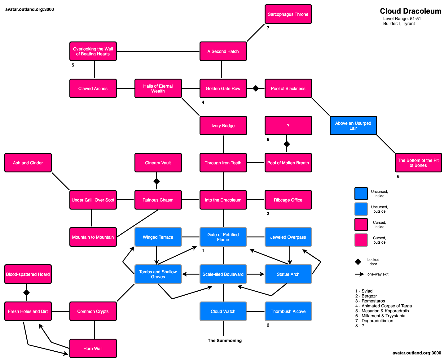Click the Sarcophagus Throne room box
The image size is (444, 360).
coord(288,14)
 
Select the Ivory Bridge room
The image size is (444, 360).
coord(223,126)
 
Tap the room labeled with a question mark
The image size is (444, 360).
coord(288,126)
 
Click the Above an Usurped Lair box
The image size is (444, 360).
coord(353,126)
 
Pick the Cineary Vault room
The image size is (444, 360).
coord(158,163)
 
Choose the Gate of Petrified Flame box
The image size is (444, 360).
coord(223,237)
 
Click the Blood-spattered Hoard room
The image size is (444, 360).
coord(28,274)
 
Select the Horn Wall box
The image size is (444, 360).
coord(93,349)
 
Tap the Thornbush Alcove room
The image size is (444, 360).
coord(288,311)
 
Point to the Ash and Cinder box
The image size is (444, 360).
coord(28,163)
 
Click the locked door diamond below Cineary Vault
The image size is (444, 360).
coord(156,181)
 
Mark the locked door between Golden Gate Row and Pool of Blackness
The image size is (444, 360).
coord(256,89)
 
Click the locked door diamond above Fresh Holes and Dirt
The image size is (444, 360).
coord(26,293)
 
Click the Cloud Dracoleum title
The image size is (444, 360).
coord(411,11)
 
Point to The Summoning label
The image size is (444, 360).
coord(225,340)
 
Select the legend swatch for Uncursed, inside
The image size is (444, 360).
coord(361,193)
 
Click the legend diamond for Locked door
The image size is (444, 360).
coord(358,262)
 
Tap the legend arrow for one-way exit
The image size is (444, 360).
coord(359,274)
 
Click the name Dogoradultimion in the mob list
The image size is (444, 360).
coord(377,321)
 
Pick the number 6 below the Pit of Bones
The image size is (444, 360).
coord(398,176)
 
